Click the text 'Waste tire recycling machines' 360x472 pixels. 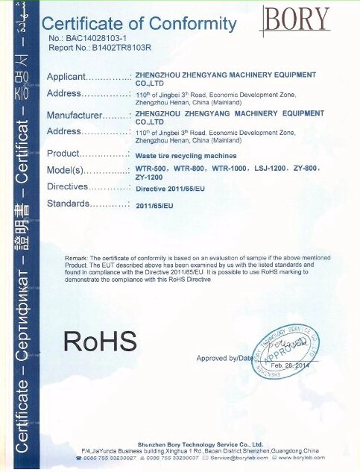click(186, 156)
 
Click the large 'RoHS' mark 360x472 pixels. click(100, 341)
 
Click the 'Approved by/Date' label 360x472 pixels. click(224, 359)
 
